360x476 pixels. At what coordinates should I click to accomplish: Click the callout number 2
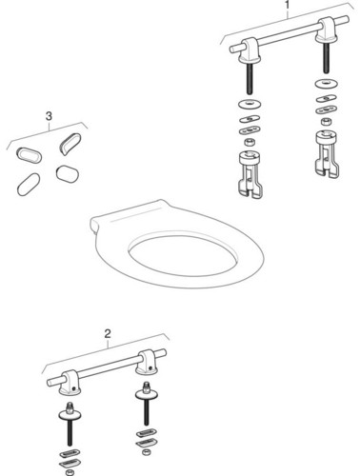tap(108, 334)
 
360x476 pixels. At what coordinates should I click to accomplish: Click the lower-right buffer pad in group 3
tap(67, 174)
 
